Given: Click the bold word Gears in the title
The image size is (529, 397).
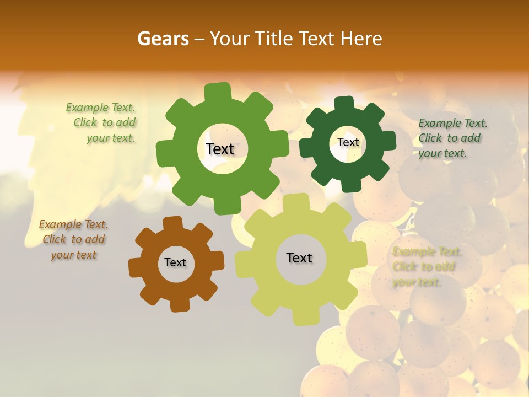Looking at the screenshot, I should (163, 39).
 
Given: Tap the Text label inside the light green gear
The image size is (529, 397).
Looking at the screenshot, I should (220, 149).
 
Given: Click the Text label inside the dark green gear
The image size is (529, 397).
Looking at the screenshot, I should (348, 142).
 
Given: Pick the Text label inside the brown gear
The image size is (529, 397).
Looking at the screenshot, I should (175, 263).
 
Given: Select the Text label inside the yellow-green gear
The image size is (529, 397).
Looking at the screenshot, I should (299, 258).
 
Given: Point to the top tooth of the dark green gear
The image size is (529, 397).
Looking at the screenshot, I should (344, 104).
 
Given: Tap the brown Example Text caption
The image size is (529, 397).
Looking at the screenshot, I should (73, 240).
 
